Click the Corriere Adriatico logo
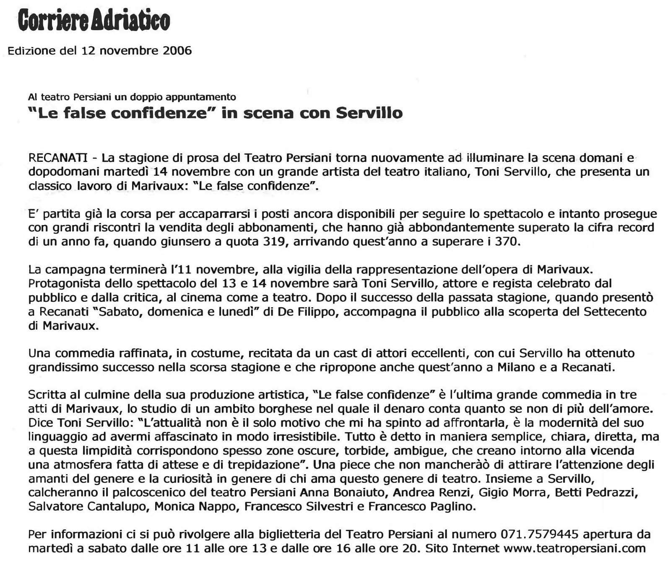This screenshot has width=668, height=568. pyautogui.click(x=94, y=21)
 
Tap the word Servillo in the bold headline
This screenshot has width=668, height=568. pyautogui.click(x=369, y=113)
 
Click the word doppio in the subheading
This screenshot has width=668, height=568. pyautogui.click(x=147, y=97)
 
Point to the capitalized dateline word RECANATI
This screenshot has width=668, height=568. pyautogui.click(x=58, y=158)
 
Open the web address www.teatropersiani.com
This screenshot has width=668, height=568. pyautogui.click(x=574, y=548)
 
